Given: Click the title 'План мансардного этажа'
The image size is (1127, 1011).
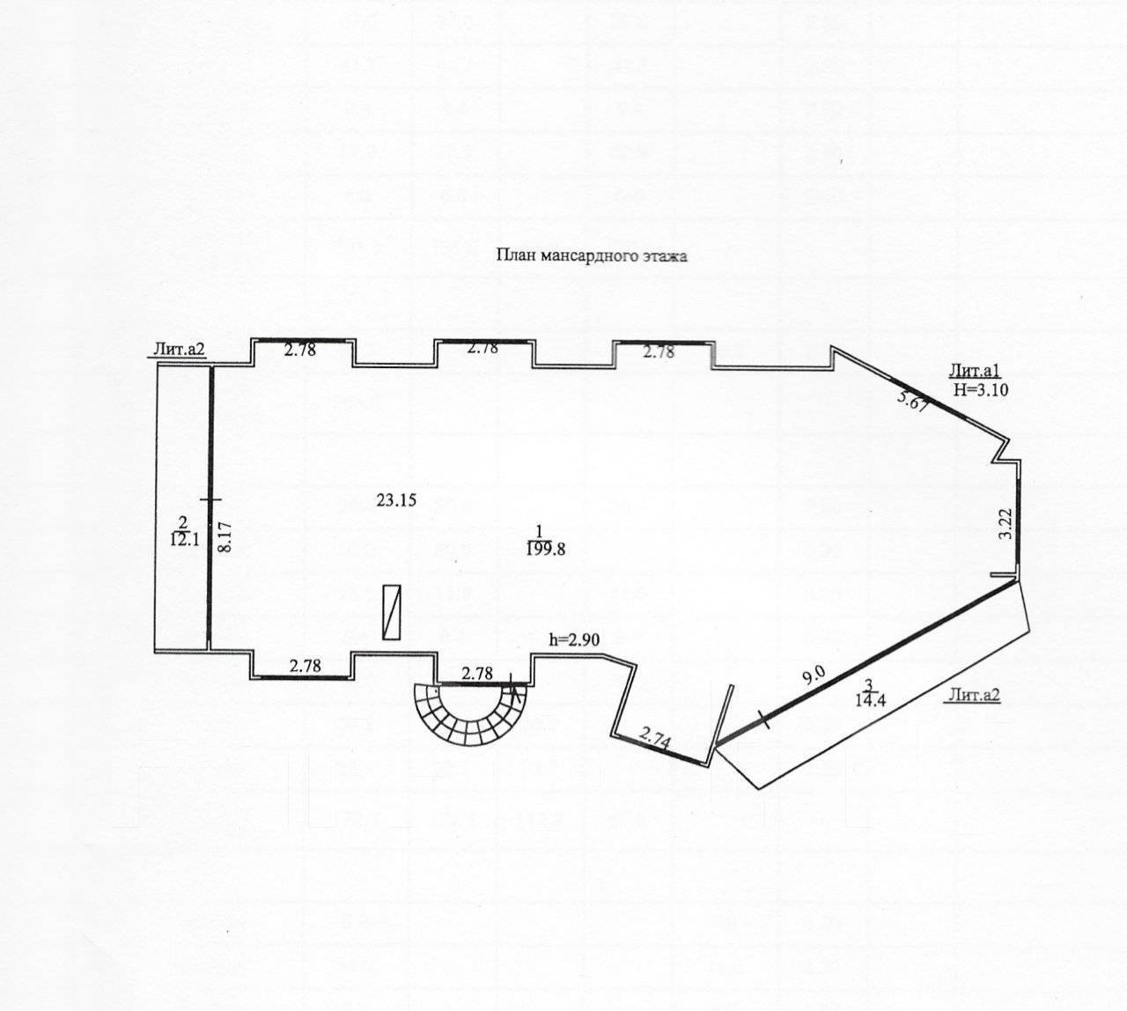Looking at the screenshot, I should click(x=591, y=256).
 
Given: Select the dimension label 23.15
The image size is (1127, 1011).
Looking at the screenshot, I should click(x=396, y=500).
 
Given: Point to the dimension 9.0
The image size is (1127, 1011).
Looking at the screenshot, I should click(x=813, y=675).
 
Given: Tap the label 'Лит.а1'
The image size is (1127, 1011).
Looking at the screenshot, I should click(x=970, y=370).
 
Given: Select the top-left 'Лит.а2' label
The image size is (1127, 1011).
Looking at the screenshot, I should click(x=180, y=350).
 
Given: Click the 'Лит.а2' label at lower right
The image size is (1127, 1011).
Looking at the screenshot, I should click(x=975, y=696).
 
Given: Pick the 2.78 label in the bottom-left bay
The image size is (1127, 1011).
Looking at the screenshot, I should click(x=306, y=666).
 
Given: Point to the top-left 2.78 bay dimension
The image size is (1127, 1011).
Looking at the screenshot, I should click(x=299, y=350).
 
